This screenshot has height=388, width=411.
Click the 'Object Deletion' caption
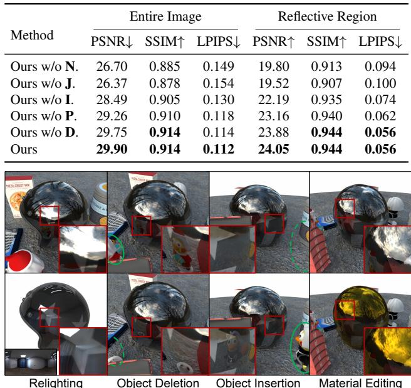[157, 382]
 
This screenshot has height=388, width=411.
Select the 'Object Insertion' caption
[258, 382]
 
